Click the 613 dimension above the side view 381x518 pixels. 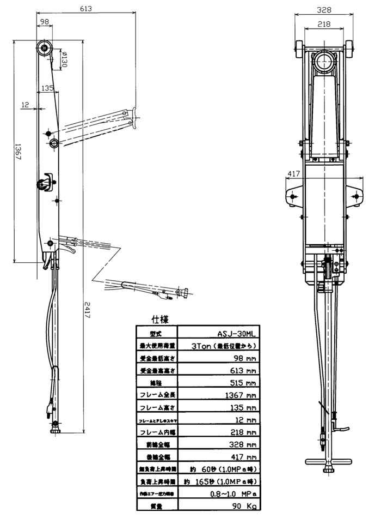point(85,9)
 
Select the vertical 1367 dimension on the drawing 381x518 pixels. point(17,149)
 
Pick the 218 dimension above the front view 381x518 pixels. point(324,24)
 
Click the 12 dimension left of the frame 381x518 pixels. point(25,103)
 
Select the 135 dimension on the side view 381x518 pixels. point(47,87)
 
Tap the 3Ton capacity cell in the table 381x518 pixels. point(224,345)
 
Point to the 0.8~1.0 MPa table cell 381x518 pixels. point(234,494)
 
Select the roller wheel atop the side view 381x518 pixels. point(44,49)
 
